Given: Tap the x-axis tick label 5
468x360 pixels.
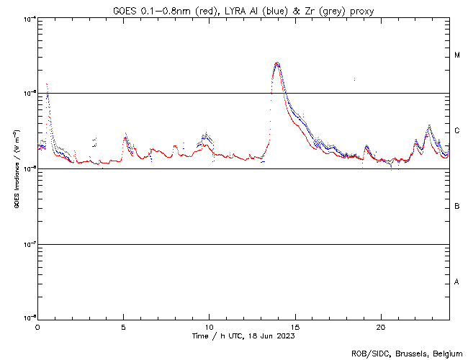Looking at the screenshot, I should (124, 326).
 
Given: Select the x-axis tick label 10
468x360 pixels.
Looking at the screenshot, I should (210, 326).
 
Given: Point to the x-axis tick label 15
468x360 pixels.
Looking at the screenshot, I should (295, 326).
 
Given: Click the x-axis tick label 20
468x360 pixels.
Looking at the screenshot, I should (381, 326).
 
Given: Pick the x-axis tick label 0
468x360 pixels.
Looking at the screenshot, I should (38, 326).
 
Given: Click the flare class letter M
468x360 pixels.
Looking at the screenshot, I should (457, 55).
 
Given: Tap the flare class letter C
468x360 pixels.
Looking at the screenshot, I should (457, 131).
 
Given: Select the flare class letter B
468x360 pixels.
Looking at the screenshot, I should (457, 207).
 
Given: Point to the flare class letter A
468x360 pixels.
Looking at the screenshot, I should (457, 282).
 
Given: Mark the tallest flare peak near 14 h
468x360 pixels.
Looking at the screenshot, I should (277, 63).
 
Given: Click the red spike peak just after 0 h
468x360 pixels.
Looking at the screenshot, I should (46, 84).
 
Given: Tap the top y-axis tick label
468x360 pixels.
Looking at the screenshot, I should (28, 18).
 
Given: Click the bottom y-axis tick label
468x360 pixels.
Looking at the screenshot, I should (28, 318).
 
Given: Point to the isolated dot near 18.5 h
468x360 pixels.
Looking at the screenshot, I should (354, 79).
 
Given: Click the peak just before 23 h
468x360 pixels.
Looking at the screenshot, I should (429, 126).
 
